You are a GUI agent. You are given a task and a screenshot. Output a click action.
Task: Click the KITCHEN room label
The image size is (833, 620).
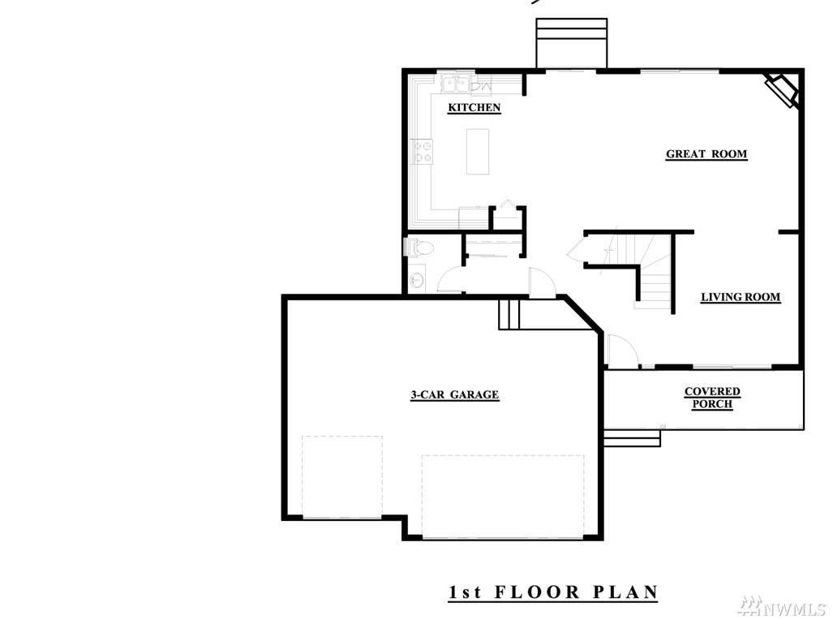(474, 107)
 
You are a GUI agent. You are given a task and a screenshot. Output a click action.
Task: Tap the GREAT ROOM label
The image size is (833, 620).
(706, 154)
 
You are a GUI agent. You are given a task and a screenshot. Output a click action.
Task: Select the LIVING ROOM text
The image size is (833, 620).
(741, 297)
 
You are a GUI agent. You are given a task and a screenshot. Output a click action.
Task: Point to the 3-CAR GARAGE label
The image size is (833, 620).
(455, 394)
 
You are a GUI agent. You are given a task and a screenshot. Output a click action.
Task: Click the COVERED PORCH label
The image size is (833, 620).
(712, 398)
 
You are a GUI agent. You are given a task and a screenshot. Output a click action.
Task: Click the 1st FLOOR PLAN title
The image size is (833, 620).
(553, 592)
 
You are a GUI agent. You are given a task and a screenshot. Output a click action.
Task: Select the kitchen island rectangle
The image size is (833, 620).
(478, 152)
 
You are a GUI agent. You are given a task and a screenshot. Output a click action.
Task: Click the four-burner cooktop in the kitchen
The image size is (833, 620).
(423, 151)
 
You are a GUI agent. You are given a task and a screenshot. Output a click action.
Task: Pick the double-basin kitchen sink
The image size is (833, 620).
(457, 84)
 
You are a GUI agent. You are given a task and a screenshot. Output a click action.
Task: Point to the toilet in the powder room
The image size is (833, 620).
(419, 248)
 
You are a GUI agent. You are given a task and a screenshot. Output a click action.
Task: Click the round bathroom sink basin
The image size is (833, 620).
(418, 279)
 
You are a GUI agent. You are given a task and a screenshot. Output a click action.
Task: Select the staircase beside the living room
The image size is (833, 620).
(646, 269)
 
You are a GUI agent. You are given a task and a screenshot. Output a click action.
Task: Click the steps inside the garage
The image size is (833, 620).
(509, 314)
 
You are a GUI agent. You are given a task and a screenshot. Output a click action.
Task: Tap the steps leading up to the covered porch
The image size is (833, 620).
(632, 438)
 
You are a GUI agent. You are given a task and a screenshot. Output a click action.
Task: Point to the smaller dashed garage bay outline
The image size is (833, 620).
(342, 476)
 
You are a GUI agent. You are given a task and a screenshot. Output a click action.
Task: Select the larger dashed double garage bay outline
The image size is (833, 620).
(503, 496)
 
